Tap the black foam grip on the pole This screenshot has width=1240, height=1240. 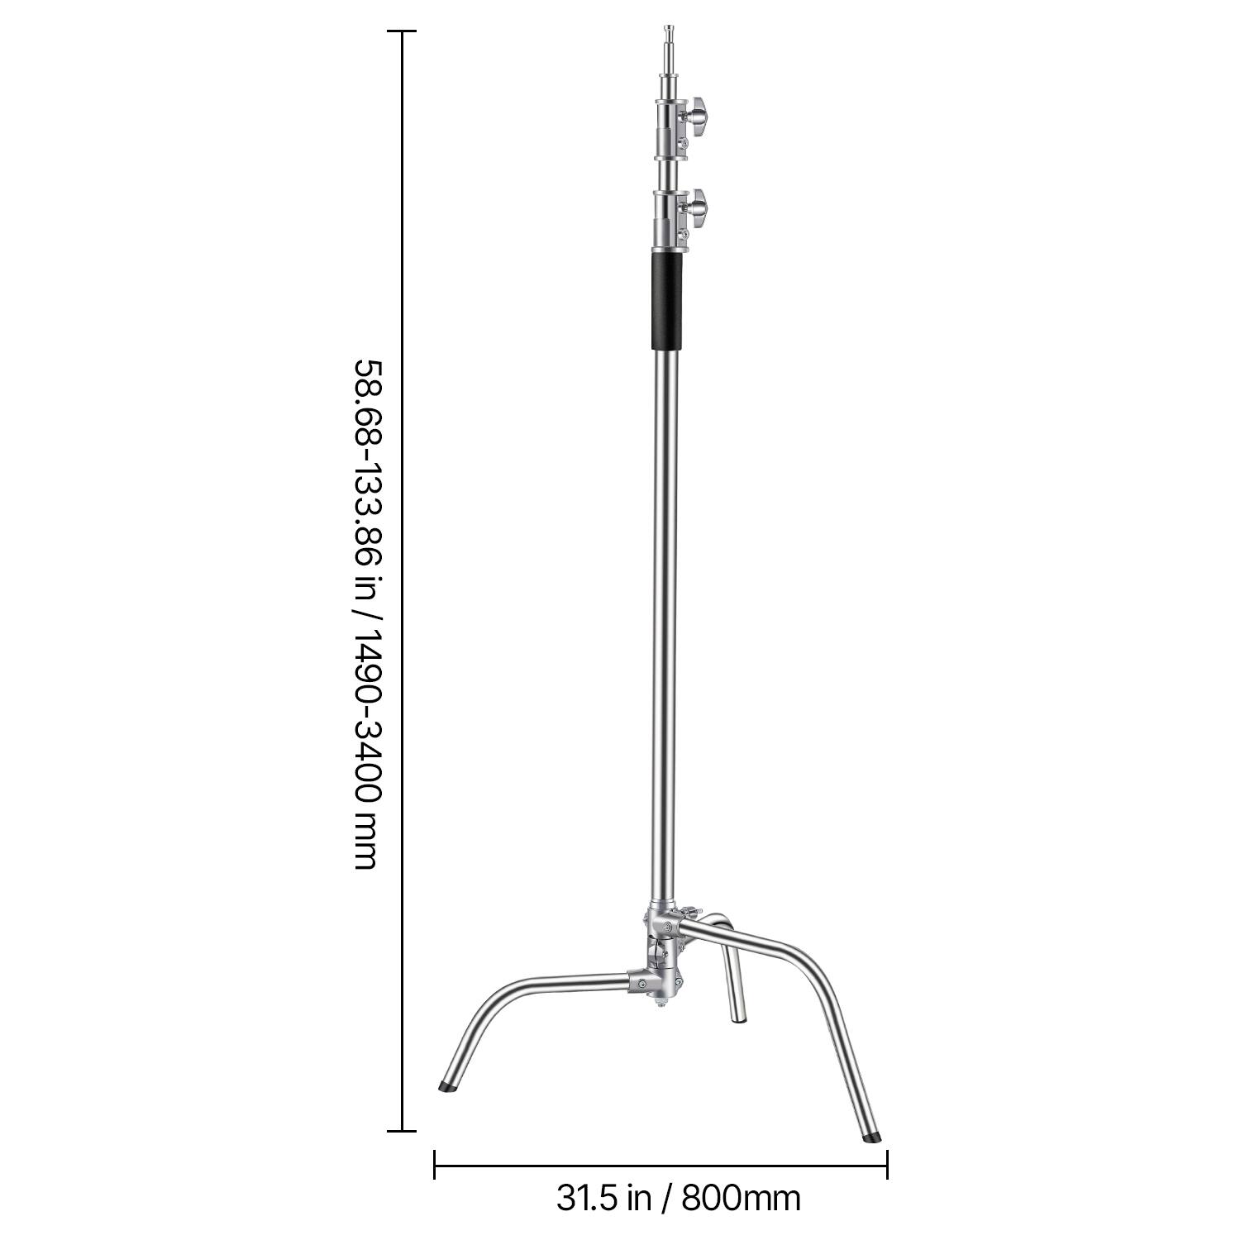668,300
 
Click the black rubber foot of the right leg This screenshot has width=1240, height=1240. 872,1137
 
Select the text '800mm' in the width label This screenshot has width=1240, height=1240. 741,1197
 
